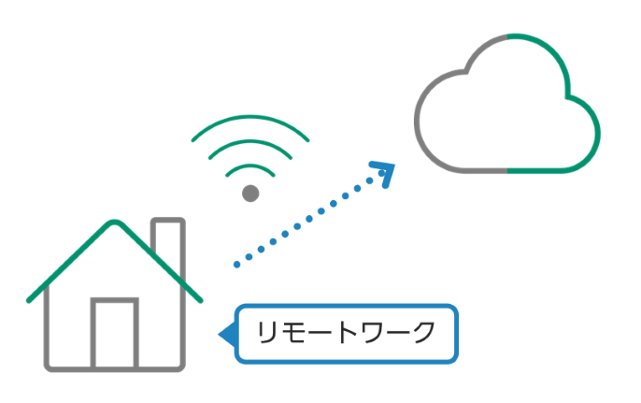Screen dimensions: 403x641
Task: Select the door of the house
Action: tap(114, 332)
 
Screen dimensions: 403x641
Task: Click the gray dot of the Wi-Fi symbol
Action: tap(249, 193)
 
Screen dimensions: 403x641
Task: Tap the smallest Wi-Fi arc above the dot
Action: tap(249, 167)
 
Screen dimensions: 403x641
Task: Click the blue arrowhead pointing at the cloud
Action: tap(384, 172)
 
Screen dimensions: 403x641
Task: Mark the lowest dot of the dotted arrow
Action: tap(237, 265)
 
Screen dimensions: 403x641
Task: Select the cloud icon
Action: tap(506, 108)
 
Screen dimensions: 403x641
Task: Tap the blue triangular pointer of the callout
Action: tap(225, 334)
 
